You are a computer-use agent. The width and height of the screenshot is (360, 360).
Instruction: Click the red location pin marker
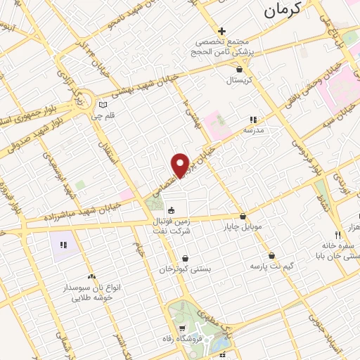coord(181,165)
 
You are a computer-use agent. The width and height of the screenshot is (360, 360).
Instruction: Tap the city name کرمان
coord(285,9)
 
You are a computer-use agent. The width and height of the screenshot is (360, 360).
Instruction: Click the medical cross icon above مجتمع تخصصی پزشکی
coord(222,31)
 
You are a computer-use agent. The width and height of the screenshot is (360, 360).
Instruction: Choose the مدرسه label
coord(253,131)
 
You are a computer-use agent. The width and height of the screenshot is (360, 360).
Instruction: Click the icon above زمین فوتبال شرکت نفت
coord(170,210)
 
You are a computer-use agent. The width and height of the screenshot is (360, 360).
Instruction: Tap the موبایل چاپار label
coord(243,227)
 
